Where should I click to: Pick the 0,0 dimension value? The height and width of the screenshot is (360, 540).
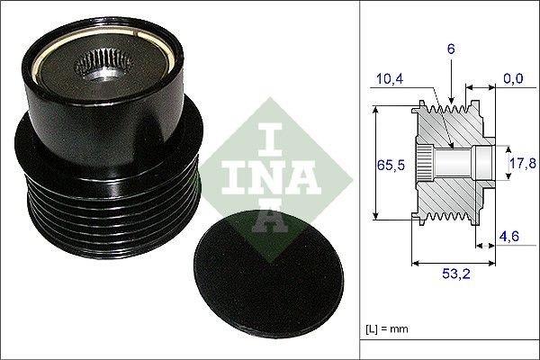[x=514, y=80]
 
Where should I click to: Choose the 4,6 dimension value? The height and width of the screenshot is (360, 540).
[x=511, y=238]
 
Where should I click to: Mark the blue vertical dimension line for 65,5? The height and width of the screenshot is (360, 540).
[x=376, y=164]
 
